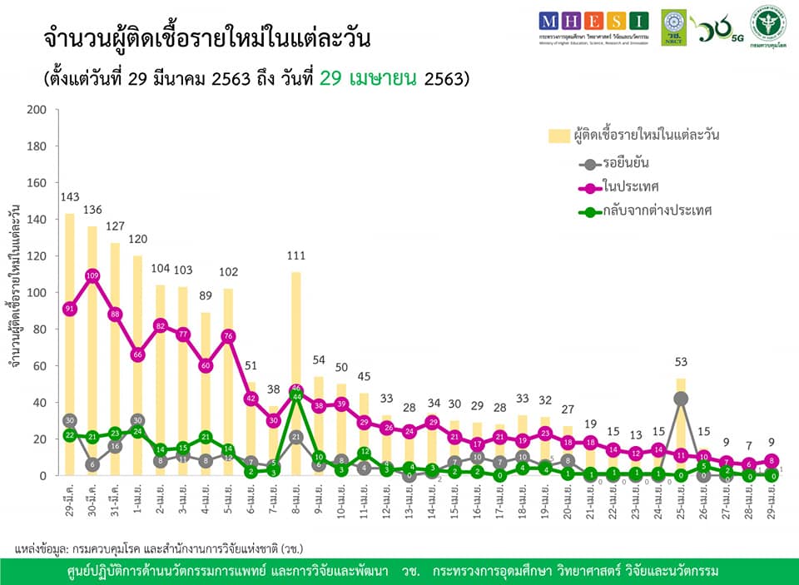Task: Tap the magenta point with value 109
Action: click(92, 275)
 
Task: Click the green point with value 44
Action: click(295, 397)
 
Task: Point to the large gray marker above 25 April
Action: click(681, 399)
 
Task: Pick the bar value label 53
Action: click(681, 362)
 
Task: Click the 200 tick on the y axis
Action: click(38, 109)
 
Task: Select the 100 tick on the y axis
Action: click(38, 292)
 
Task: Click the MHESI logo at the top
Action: click(592, 25)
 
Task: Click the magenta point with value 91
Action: click(70, 309)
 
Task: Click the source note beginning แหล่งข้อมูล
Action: click(158, 548)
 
